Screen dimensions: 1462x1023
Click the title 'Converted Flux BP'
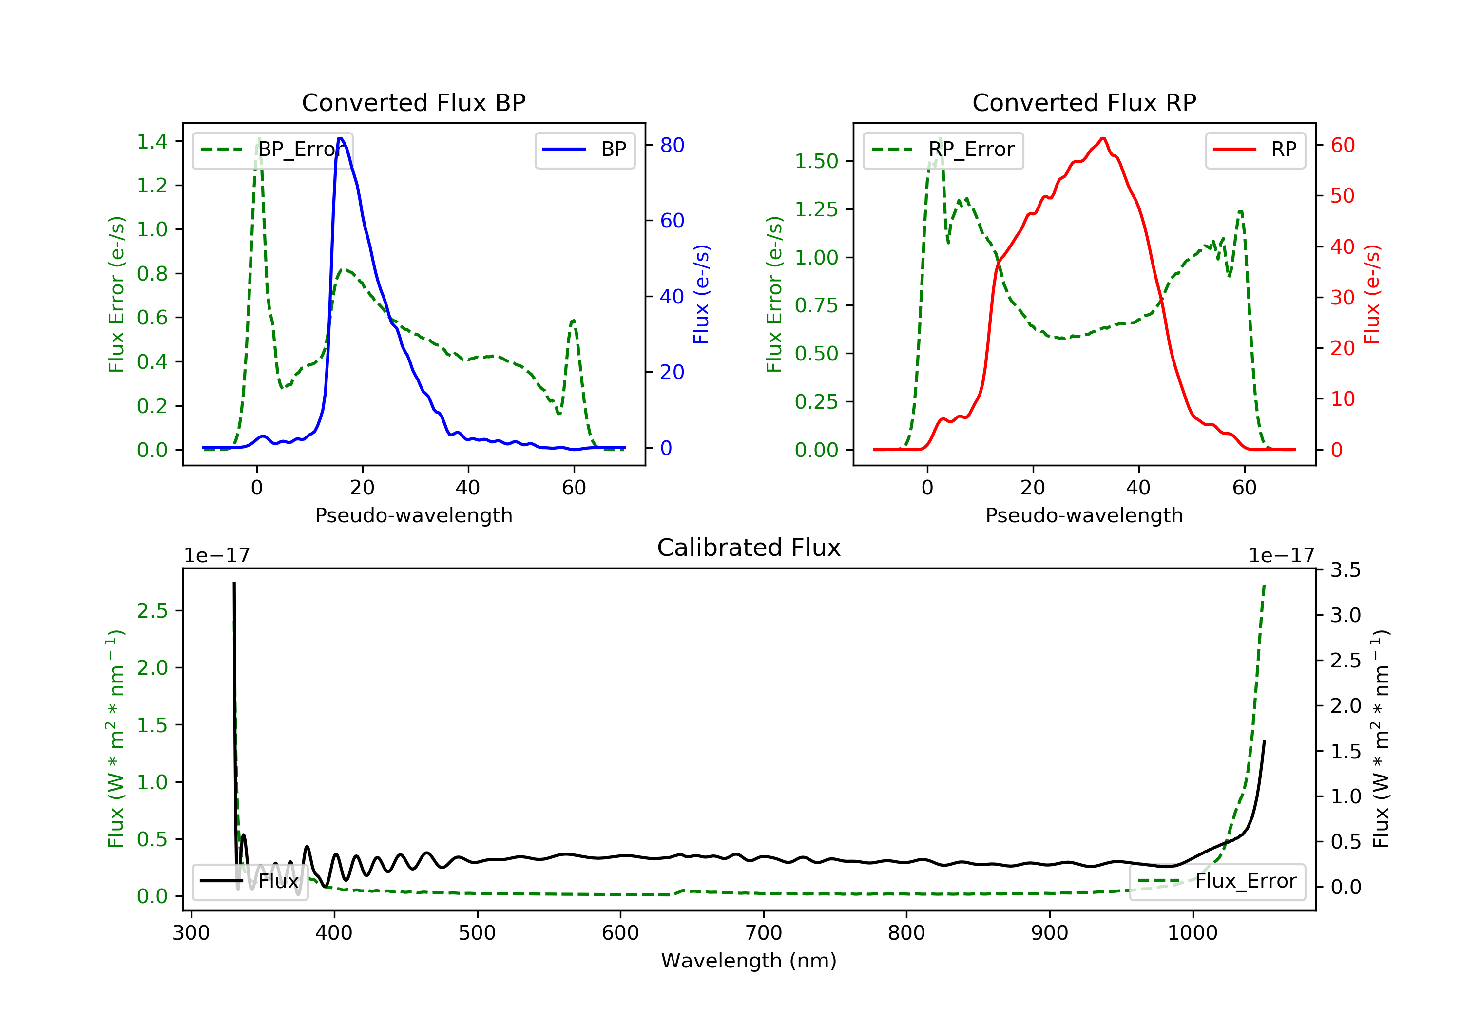click(x=413, y=102)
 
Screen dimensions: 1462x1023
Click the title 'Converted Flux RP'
click(x=1084, y=102)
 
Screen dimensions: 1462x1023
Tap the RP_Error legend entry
click(x=943, y=150)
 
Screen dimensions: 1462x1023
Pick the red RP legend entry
click(x=1255, y=150)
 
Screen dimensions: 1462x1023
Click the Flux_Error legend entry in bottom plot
click(x=1217, y=881)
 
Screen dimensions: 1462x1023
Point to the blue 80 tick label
click(x=672, y=145)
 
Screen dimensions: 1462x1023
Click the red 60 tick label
click(x=1342, y=145)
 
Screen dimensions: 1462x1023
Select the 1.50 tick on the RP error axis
click(x=816, y=161)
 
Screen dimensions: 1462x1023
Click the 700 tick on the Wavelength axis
click(x=764, y=933)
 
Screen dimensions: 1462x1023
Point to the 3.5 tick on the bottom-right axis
click(x=1346, y=570)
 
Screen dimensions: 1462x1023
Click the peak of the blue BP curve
click(x=341, y=138)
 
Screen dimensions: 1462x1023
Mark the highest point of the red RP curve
click(x=1103, y=138)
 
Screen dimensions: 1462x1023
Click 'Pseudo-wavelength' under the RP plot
click(x=1084, y=515)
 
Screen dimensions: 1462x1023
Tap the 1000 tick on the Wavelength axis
click(x=1192, y=933)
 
